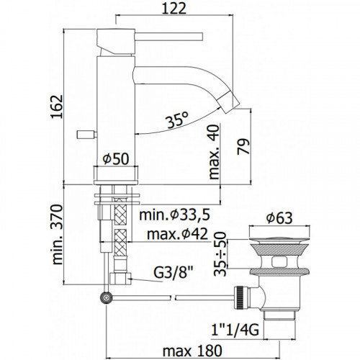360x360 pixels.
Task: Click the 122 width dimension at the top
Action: pyautogui.click(x=174, y=9)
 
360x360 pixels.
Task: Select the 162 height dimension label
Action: pyautogui.click(x=57, y=107)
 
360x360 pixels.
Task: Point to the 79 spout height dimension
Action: pyautogui.click(x=244, y=147)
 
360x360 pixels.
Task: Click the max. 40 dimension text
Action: pyautogui.click(x=215, y=152)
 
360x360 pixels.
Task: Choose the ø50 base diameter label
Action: pyautogui.click(x=116, y=158)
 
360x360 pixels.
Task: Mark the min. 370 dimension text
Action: pyautogui.click(x=57, y=234)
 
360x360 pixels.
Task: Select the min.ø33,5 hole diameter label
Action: pyautogui.click(x=174, y=215)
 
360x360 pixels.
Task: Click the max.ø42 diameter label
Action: pyautogui.click(x=177, y=234)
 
